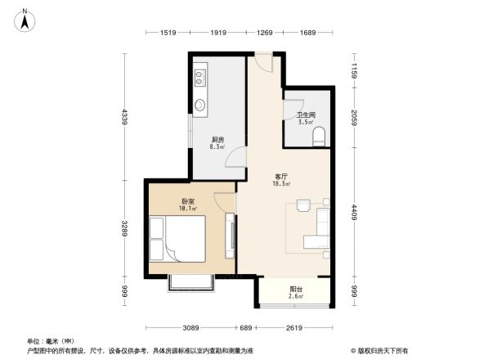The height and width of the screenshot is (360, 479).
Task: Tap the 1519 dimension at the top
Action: point(169,33)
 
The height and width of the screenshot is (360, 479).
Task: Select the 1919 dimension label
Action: point(217,33)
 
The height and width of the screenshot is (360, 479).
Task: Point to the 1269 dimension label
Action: point(265,33)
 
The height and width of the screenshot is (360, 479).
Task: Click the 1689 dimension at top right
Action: point(307,33)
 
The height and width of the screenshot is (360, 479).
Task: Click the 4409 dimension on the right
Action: point(354,216)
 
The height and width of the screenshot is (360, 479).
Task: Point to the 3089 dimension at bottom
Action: point(191,327)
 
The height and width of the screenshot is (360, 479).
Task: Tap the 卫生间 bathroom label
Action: point(306,116)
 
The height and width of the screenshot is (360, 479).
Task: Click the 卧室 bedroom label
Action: point(189,202)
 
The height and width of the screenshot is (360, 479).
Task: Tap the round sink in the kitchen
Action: point(200,105)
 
